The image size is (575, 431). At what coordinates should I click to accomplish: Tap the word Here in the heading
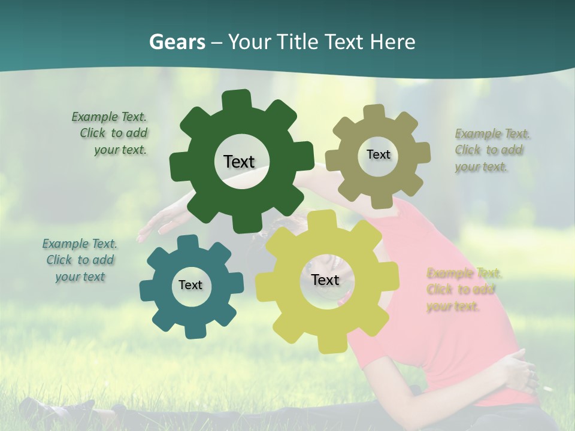point(393,42)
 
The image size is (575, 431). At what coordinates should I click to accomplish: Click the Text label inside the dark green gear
point(239,162)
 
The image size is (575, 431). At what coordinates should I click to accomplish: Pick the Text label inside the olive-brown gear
point(378,154)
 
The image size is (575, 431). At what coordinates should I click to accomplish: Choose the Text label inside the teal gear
point(190,285)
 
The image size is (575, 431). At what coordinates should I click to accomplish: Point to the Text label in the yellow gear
point(325,280)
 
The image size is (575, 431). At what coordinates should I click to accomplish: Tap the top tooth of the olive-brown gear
point(374,113)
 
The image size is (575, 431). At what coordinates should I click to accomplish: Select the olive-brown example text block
point(491,150)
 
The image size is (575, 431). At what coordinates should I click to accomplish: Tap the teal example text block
point(80,260)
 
